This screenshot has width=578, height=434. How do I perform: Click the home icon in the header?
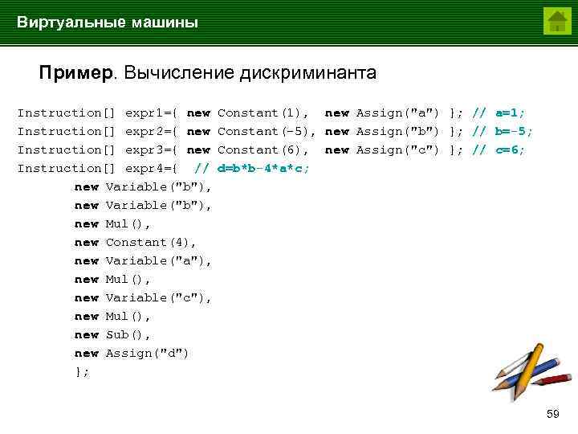[556, 21]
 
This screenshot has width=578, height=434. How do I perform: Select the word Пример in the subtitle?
[77, 74]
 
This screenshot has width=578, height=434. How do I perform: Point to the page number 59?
[552, 414]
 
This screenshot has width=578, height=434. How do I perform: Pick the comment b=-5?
[514, 132]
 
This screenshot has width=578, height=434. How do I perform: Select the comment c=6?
[510, 150]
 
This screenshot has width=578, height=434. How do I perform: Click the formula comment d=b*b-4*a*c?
[264, 169]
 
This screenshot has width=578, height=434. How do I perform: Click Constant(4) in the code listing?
[151, 243]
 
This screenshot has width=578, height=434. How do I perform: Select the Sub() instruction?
[128, 335]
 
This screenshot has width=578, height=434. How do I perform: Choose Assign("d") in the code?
[147, 354]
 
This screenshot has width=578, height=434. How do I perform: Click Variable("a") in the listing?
[158, 261]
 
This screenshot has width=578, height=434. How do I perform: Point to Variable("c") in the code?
[158, 298]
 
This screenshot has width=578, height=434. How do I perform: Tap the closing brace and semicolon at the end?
[82, 372]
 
